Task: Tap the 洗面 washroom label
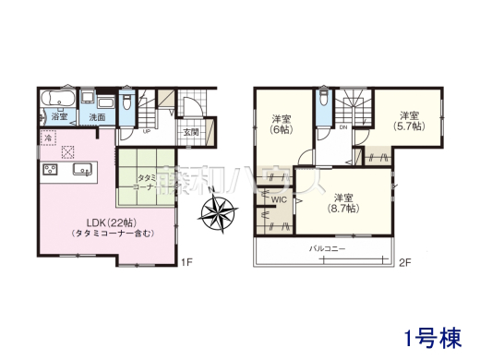point(97,117)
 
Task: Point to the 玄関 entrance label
point(190,132)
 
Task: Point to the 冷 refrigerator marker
point(47,138)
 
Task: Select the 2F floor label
point(403,262)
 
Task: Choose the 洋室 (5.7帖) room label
point(410,121)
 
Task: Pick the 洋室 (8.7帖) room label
point(344,203)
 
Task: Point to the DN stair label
point(342,127)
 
